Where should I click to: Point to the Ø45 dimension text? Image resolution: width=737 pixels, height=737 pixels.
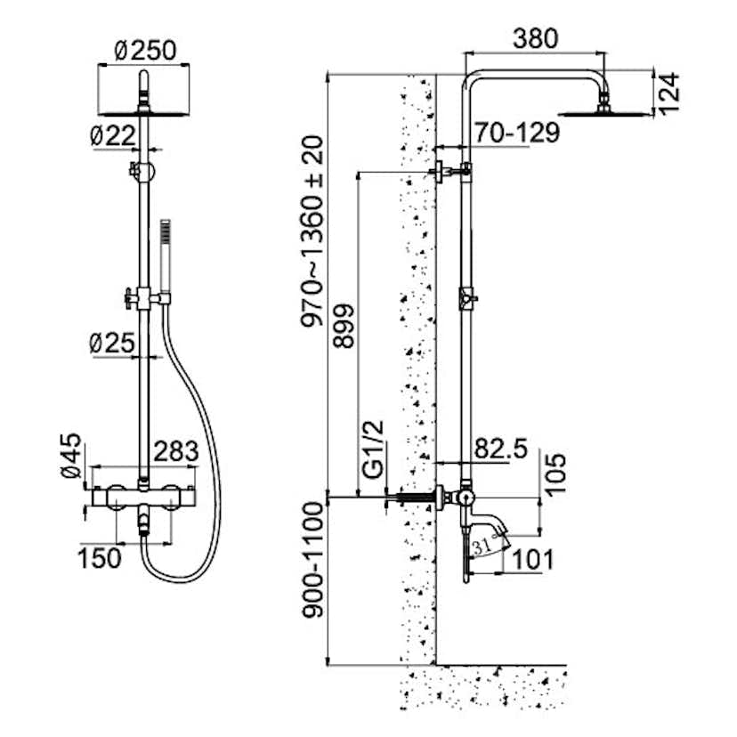(x=73, y=457)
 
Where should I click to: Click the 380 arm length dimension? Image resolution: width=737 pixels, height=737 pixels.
(x=535, y=39)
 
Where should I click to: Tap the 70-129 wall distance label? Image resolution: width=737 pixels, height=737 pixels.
(x=516, y=133)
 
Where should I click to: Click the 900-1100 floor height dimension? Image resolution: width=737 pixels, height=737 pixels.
(x=312, y=584)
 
